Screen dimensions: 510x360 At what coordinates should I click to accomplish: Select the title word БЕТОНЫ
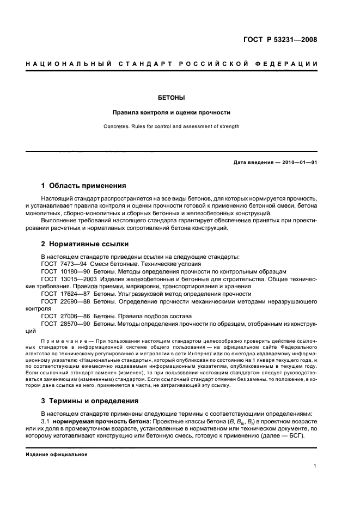pos(171,98)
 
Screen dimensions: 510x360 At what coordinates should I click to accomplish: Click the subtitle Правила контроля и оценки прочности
pos(171,113)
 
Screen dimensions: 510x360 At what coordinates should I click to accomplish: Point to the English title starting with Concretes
pos(171,126)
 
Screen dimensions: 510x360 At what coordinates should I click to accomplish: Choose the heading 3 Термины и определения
pos(90,401)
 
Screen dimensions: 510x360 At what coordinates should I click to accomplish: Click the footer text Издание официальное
pos(57,454)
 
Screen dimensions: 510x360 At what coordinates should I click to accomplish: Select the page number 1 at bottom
pos(315,466)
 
